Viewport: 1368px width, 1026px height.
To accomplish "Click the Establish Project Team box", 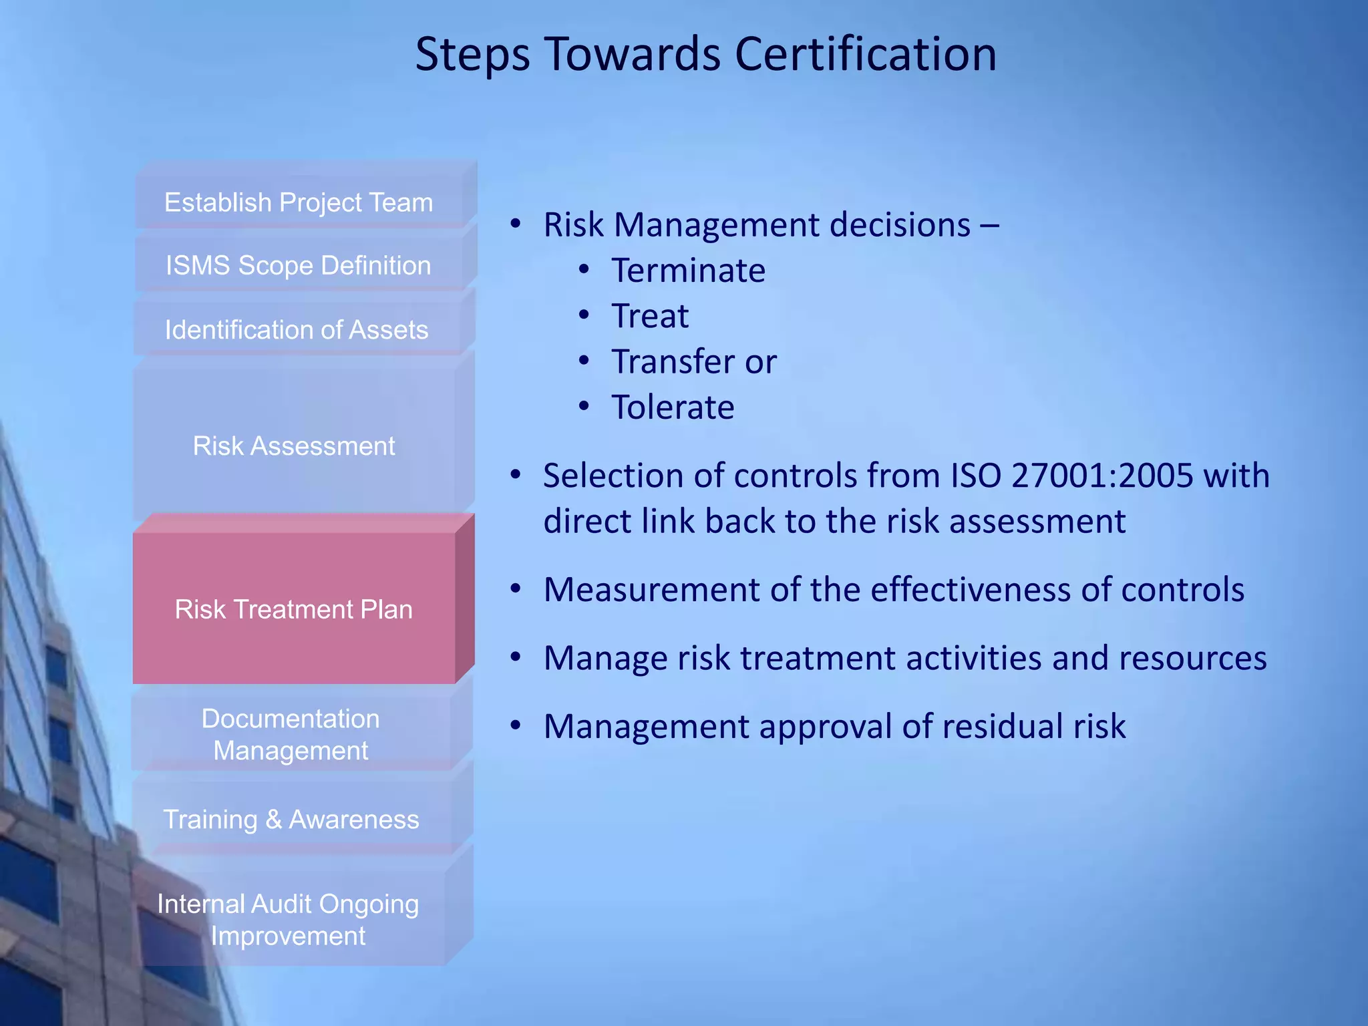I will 299,202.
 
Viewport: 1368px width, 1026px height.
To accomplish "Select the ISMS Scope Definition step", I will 299,265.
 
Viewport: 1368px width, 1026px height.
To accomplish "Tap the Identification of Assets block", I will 297,329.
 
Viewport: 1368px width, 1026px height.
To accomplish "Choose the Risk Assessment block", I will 294,446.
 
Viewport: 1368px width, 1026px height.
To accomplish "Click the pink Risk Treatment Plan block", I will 294,609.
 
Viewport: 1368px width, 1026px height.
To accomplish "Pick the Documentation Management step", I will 291,734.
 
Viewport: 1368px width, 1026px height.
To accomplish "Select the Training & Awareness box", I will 291,819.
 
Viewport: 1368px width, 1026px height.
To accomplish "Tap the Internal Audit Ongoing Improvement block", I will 288,919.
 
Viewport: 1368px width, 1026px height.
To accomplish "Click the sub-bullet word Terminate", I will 688,271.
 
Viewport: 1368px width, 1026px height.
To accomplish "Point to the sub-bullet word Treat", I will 650,316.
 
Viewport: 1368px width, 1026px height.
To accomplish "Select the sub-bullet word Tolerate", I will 673,407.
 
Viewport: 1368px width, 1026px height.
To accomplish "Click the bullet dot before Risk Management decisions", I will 515,224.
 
